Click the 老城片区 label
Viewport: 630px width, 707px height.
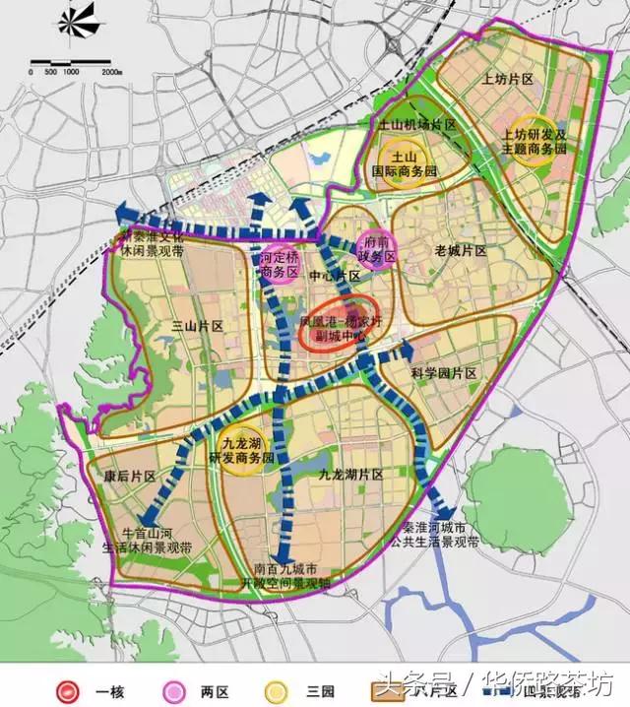tap(461, 252)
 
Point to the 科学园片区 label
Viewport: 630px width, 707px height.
tap(443, 374)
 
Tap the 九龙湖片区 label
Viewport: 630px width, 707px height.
tap(350, 475)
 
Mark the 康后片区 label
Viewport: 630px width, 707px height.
tap(130, 477)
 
